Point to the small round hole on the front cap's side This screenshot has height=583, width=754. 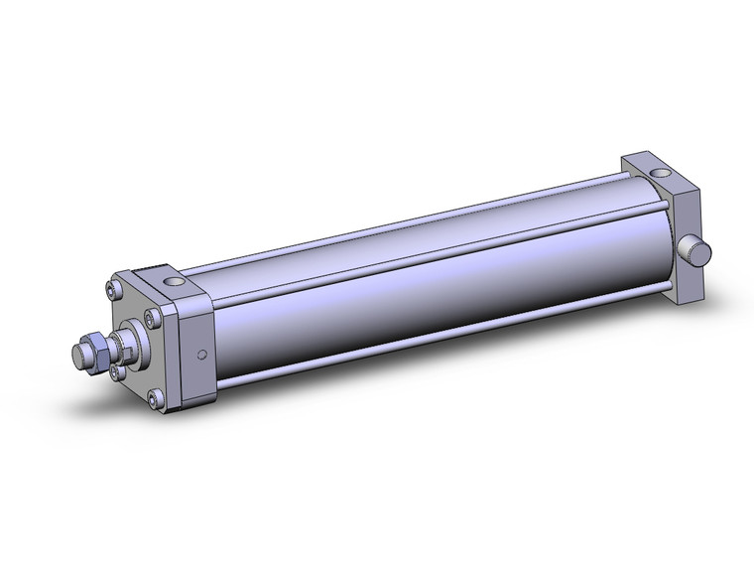point(202,355)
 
